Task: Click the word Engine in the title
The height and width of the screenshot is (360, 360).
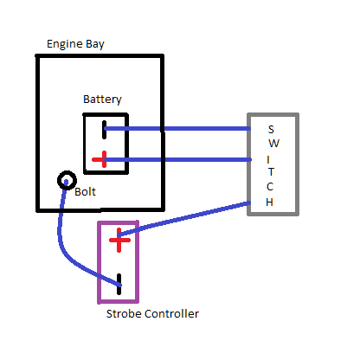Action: [x=65, y=44]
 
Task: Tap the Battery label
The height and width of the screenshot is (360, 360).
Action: [x=102, y=100]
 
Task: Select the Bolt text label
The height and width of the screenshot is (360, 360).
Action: [x=85, y=192]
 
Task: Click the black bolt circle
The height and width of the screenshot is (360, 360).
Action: [x=67, y=174]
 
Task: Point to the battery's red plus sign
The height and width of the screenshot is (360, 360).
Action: [x=100, y=159]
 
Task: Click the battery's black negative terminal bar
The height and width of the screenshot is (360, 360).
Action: [x=104, y=130]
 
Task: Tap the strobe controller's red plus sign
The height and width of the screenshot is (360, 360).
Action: [x=119, y=240]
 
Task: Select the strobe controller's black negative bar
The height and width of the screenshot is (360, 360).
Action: [x=119, y=284]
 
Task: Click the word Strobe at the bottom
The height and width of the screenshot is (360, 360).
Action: [x=124, y=313]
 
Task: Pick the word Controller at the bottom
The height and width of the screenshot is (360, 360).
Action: [x=171, y=313]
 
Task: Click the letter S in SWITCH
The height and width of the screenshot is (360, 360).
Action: [x=271, y=130]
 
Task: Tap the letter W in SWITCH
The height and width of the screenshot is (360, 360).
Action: [x=274, y=144]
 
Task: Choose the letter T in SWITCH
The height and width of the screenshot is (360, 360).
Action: [x=271, y=172]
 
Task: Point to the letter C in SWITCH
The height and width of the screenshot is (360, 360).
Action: [x=270, y=187]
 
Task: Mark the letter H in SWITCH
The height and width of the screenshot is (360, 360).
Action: [x=269, y=202]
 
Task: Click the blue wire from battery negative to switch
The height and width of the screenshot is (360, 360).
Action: [x=177, y=128]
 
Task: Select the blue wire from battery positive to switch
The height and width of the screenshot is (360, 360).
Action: [x=177, y=159]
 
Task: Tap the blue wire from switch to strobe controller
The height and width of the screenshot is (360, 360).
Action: [x=183, y=218]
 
